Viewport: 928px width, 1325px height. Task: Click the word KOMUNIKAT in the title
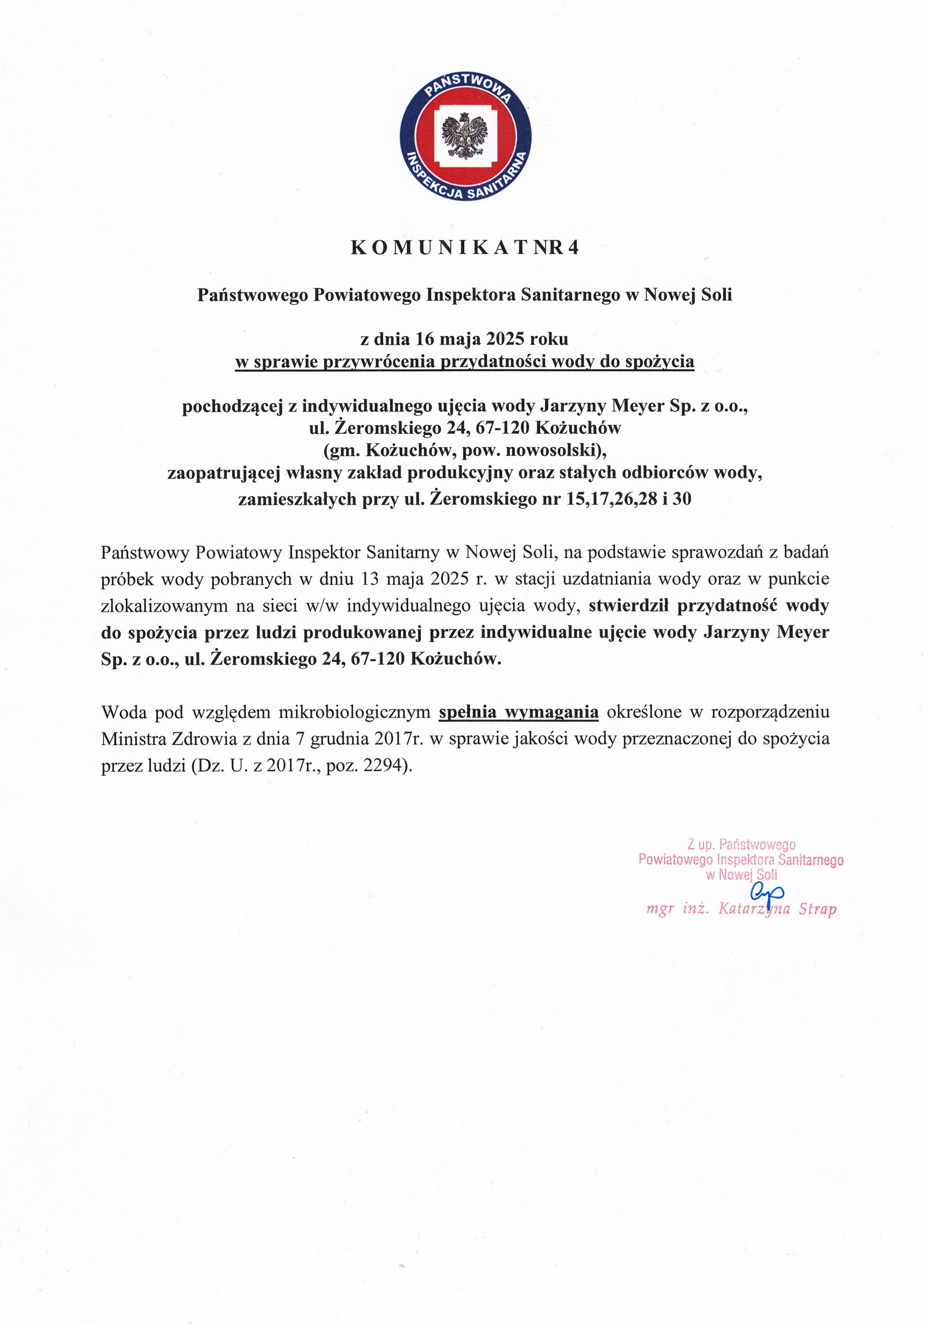pyautogui.click(x=438, y=247)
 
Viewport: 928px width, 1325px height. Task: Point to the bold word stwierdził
pyautogui.click(x=628, y=605)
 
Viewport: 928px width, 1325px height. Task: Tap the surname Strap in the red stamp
pyautogui.click(x=817, y=909)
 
